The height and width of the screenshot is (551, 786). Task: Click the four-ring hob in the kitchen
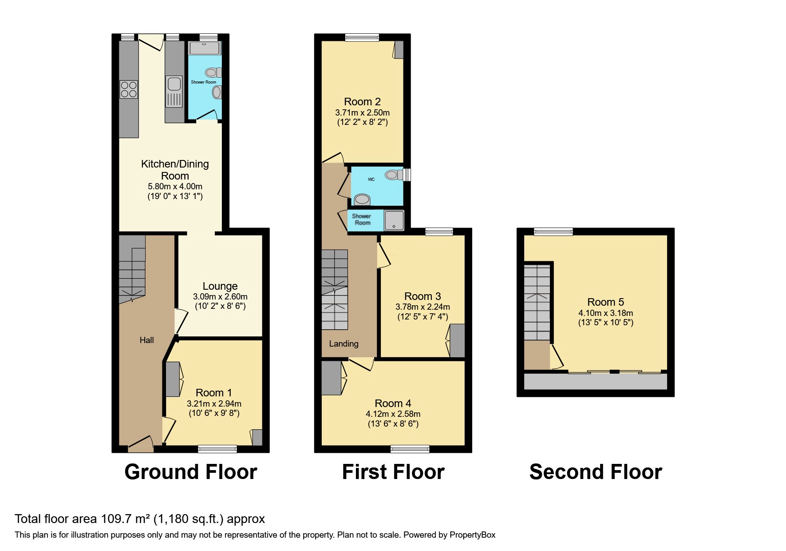point(129,89)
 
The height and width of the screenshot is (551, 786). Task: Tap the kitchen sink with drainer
point(174,92)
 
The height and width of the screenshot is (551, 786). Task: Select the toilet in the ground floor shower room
point(213,72)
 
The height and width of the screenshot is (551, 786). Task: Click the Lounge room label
point(220,286)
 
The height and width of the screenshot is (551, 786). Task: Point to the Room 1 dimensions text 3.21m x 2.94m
point(214,404)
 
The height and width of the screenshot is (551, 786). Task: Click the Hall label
point(146,340)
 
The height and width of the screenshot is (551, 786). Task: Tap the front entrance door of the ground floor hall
point(141,444)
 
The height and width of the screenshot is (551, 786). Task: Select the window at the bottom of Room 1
point(217,449)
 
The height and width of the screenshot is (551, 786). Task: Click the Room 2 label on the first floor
point(362,102)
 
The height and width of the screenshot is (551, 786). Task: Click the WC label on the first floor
point(371,180)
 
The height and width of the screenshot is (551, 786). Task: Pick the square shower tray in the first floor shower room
point(394,221)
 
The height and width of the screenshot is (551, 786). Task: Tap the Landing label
point(344,343)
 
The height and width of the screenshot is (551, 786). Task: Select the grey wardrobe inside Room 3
point(457,341)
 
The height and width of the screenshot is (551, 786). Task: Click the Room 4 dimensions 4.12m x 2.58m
point(393,414)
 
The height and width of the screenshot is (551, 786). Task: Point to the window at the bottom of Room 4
point(410,449)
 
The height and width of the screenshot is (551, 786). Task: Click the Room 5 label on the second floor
point(605,302)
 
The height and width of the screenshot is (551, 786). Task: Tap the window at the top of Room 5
point(553,232)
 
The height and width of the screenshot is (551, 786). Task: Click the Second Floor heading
point(596,472)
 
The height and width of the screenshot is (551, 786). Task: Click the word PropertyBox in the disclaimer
point(472,535)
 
